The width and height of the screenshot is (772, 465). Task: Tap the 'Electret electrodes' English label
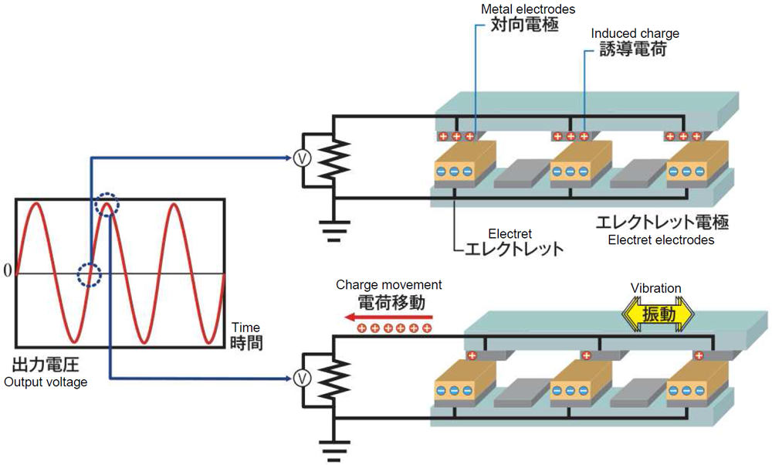tap(660, 240)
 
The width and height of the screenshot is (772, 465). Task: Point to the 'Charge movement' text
tap(389, 285)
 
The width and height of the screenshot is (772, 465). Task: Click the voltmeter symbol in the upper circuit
tap(303, 158)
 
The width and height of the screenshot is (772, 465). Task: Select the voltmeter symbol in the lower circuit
tap(303, 378)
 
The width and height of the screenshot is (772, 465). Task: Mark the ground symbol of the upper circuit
tap(334, 229)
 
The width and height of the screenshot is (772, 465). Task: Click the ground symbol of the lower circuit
tap(334, 450)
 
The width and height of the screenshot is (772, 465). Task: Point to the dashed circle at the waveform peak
tap(107, 205)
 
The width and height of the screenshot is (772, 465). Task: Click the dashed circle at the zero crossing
tap(90, 273)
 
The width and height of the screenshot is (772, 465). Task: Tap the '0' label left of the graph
tap(7, 271)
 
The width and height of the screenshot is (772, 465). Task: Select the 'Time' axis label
tap(245, 328)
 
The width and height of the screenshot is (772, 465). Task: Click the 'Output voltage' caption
tap(46, 382)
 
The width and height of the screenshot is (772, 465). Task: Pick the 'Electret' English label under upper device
tap(510, 233)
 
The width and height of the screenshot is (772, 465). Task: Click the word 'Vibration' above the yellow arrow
tap(655, 288)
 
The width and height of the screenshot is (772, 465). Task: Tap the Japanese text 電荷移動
tap(391, 302)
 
